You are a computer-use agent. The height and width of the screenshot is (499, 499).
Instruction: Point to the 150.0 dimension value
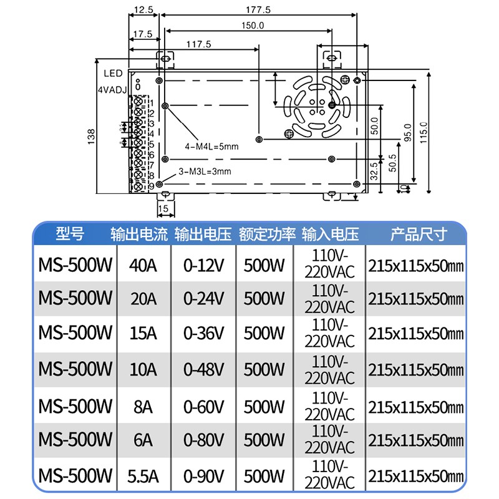point(253,26)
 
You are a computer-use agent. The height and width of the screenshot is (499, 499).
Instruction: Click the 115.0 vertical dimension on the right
point(424,132)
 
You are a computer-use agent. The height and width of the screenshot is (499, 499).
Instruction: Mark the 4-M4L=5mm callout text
point(212,147)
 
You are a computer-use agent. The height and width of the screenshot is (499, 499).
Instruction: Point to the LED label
point(114,74)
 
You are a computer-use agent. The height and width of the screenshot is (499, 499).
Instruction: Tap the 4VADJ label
point(112,90)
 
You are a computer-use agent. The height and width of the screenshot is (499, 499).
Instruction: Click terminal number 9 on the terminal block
point(152,186)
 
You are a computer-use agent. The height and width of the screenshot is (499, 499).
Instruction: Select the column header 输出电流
point(139,235)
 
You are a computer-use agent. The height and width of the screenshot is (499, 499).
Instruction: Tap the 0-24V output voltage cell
point(203,298)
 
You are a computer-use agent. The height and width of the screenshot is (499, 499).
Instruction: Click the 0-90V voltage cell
point(203,476)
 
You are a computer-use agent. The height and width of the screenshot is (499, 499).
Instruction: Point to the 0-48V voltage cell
point(203,369)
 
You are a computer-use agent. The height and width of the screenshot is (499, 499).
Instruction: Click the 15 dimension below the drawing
point(163,208)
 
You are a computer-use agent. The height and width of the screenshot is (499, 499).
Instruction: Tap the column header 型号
point(69,235)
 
